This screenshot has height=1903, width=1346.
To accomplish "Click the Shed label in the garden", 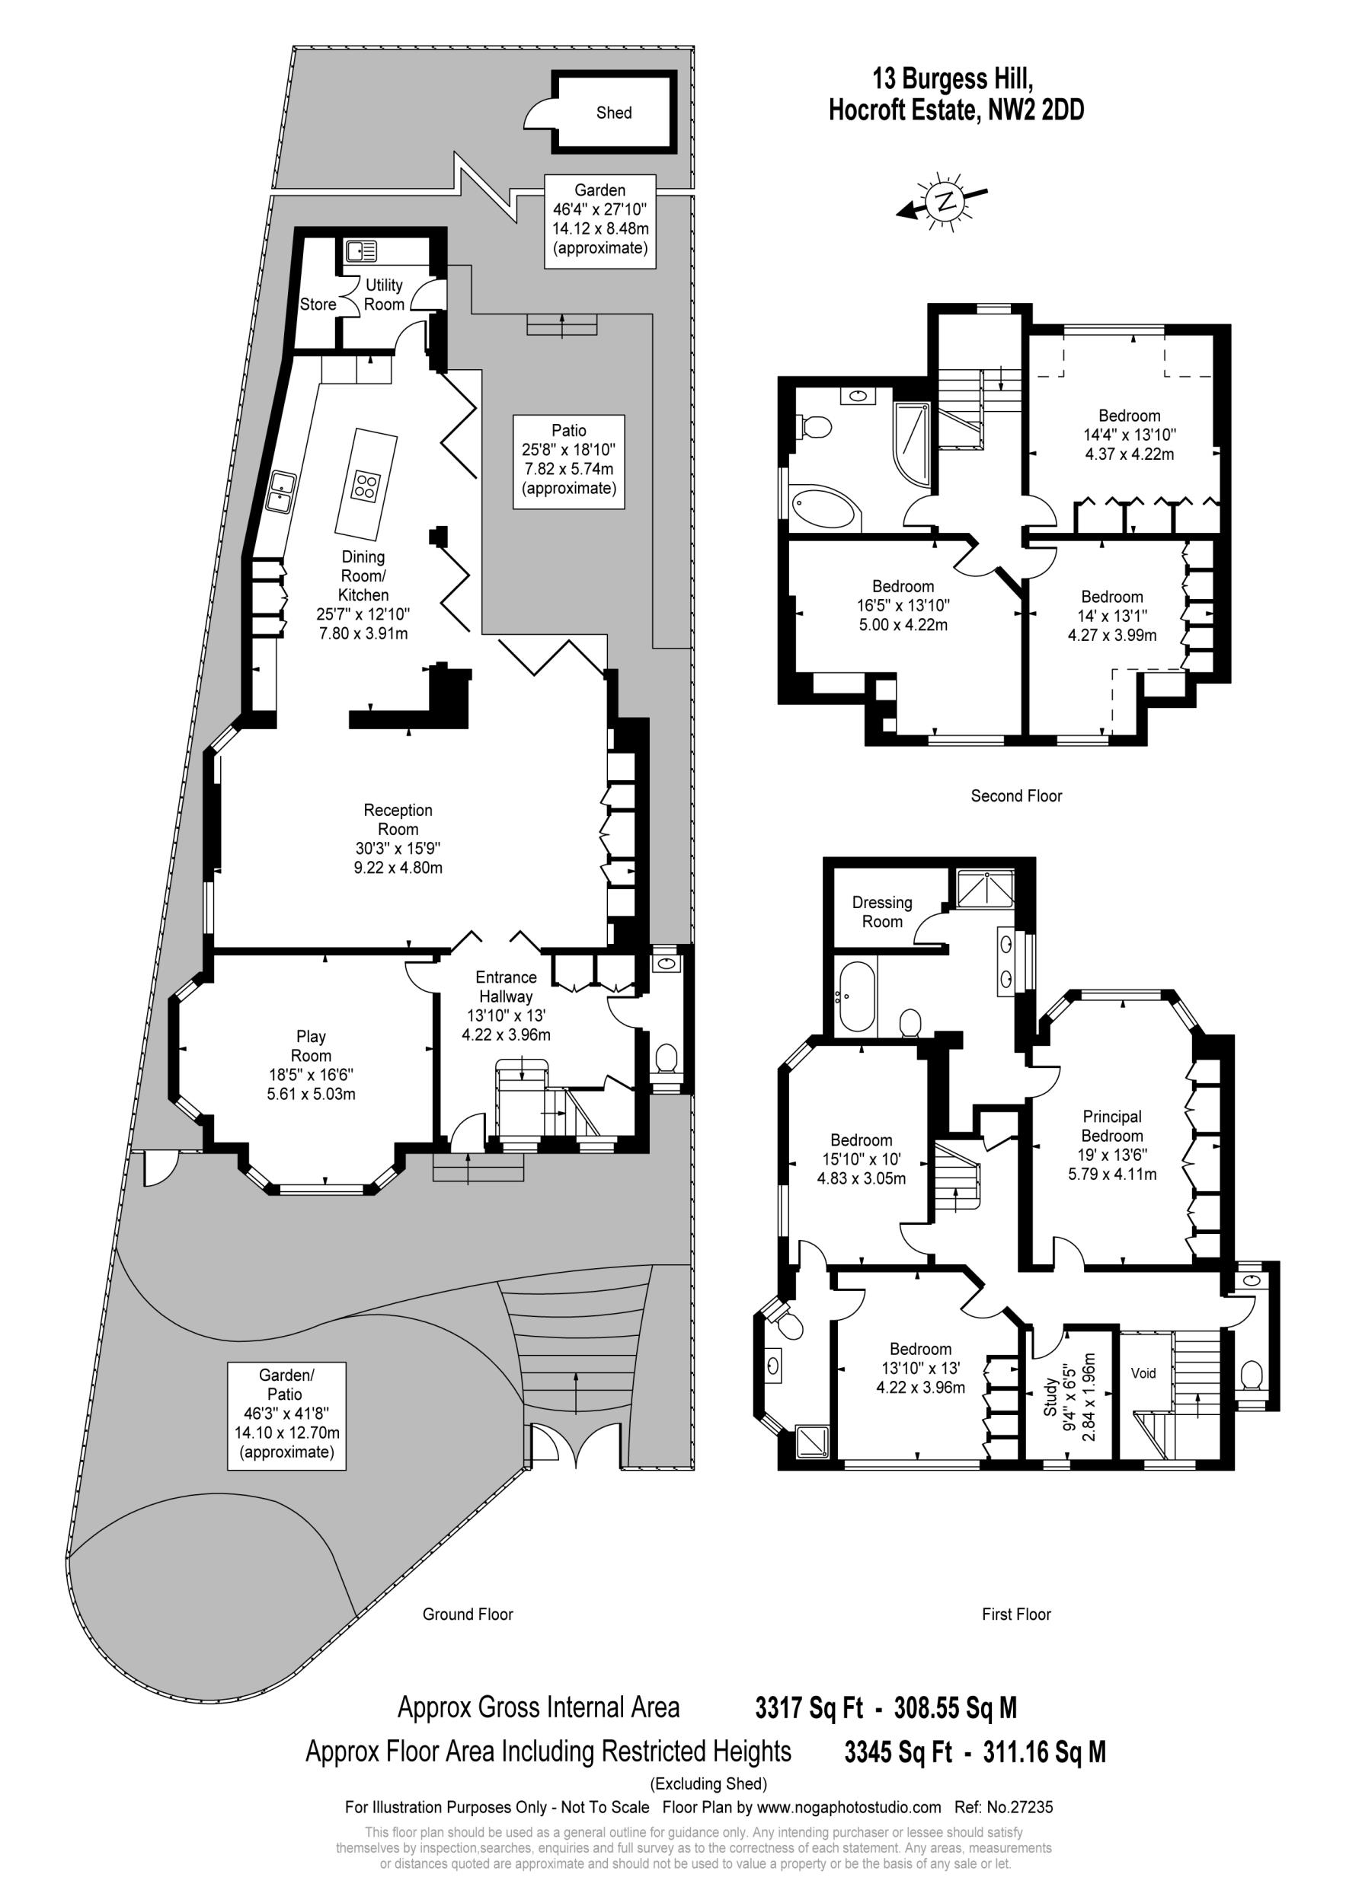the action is (614, 113).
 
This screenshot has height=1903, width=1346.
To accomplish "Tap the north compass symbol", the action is (944, 199).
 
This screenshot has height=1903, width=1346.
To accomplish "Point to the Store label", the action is (318, 304).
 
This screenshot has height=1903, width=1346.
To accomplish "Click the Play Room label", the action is (311, 1046).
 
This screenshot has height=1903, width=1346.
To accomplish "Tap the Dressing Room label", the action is (881, 912).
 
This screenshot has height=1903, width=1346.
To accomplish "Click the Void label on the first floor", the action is (1143, 1373).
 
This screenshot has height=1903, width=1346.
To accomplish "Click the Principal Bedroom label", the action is (1111, 1127).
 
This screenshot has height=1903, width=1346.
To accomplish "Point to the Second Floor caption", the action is (1016, 796).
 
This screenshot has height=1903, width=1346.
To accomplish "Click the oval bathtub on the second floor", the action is (823, 507).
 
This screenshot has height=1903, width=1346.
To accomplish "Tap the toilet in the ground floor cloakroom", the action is (666, 1058).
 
